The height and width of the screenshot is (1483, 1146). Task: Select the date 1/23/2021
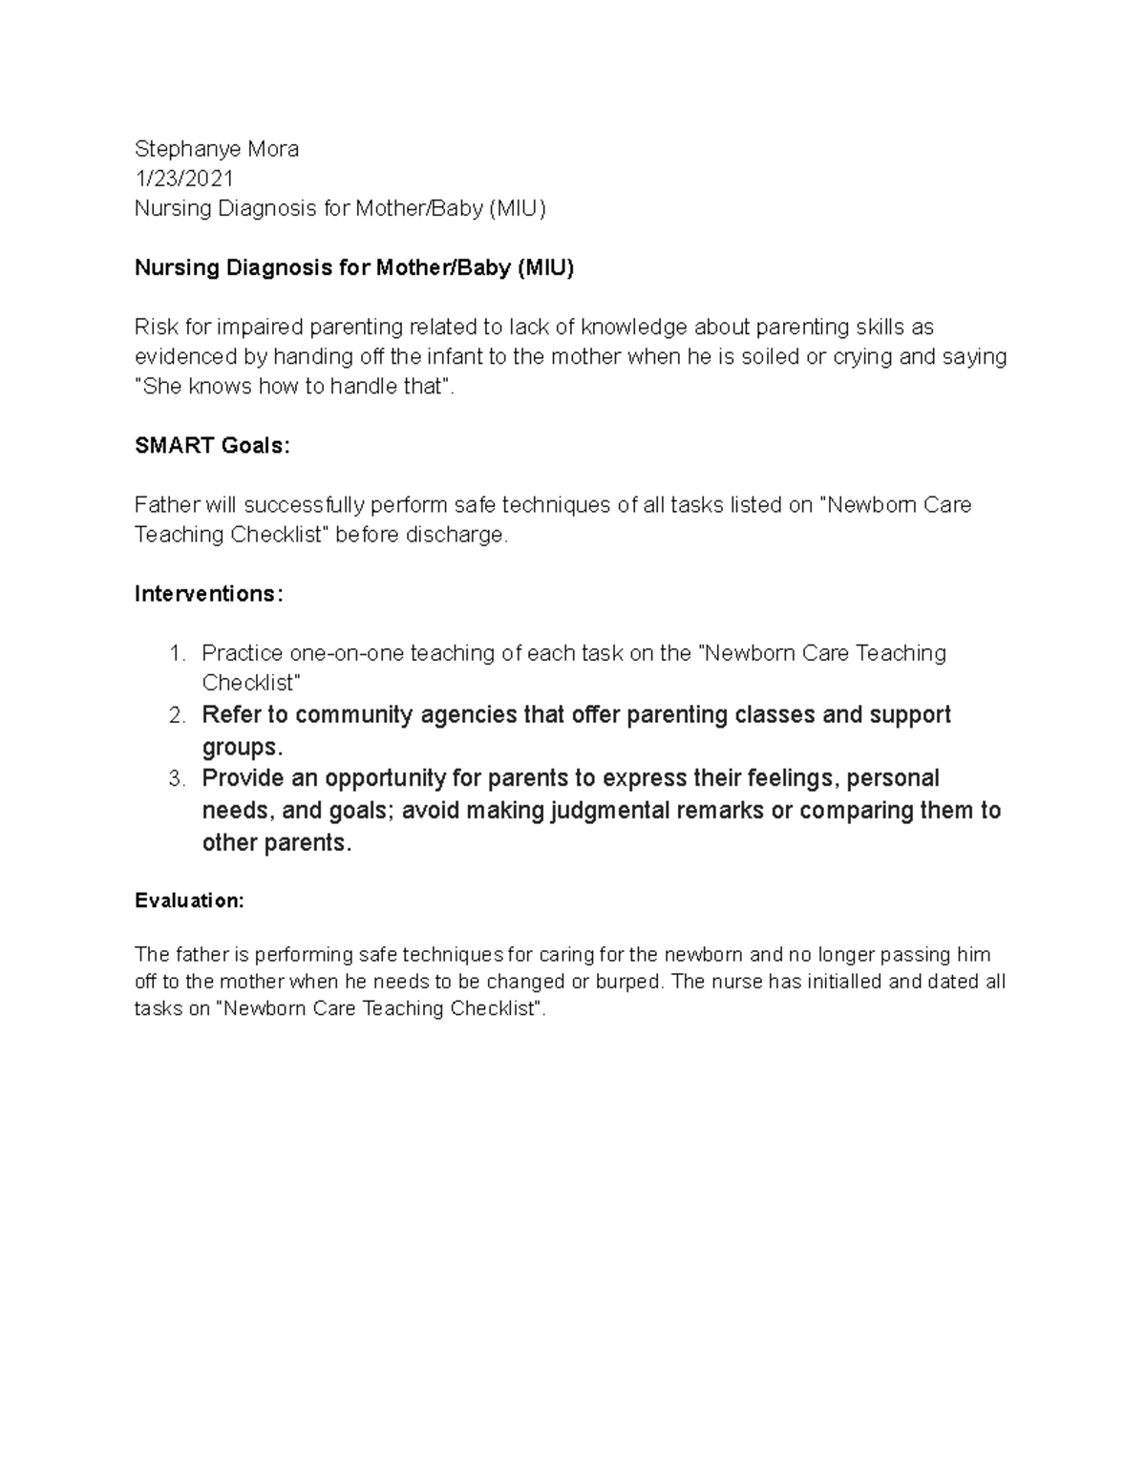(184, 180)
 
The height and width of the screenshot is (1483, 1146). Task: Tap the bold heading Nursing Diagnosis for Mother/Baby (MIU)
(354, 268)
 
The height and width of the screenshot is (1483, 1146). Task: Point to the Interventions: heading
(209, 594)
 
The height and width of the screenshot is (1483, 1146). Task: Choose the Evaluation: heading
(189, 900)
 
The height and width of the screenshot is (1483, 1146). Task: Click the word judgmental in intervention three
(605, 811)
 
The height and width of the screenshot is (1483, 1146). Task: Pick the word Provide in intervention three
(243, 779)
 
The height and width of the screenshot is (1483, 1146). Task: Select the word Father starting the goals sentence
(163, 505)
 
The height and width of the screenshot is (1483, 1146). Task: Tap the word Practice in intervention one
(242, 654)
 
